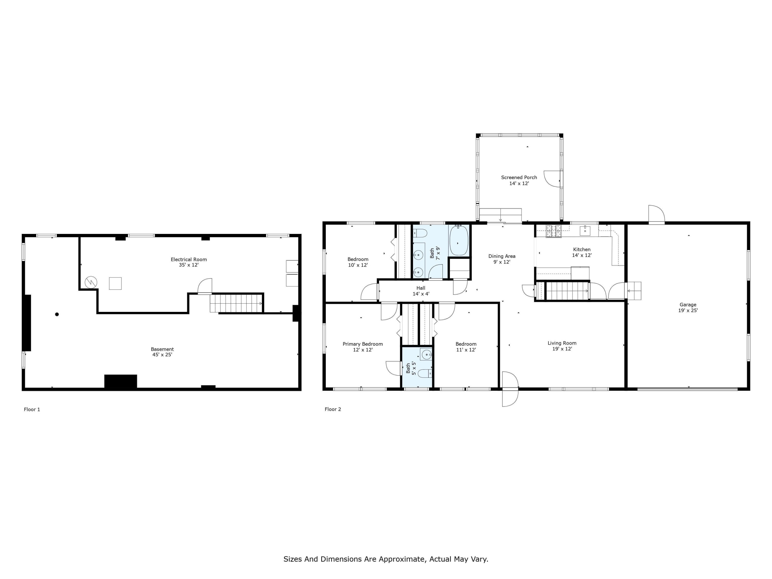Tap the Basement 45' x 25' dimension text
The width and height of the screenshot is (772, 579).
pyautogui.click(x=162, y=355)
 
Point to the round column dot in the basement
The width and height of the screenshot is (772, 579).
pyautogui.click(x=57, y=314)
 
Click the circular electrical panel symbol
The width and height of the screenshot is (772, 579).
pyautogui.click(x=91, y=282)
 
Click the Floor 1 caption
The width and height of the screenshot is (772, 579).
pyautogui.click(x=32, y=409)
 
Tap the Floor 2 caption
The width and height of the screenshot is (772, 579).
pyautogui.click(x=332, y=409)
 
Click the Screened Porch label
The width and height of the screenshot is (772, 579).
pyautogui.click(x=519, y=177)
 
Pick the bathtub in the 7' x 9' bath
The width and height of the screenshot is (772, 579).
pyautogui.click(x=459, y=241)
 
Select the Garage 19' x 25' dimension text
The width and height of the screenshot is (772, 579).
pyautogui.click(x=688, y=310)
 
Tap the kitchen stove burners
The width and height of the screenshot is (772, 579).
pyautogui.click(x=554, y=231)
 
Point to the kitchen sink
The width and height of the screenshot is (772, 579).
pyautogui.click(x=585, y=231)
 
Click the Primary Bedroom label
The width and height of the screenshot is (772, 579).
pyautogui.click(x=363, y=344)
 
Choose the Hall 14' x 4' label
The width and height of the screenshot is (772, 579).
pyautogui.click(x=421, y=291)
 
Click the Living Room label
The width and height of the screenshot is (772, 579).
pyautogui.click(x=562, y=343)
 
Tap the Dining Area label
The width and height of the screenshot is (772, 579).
pyautogui.click(x=502, y=256)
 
